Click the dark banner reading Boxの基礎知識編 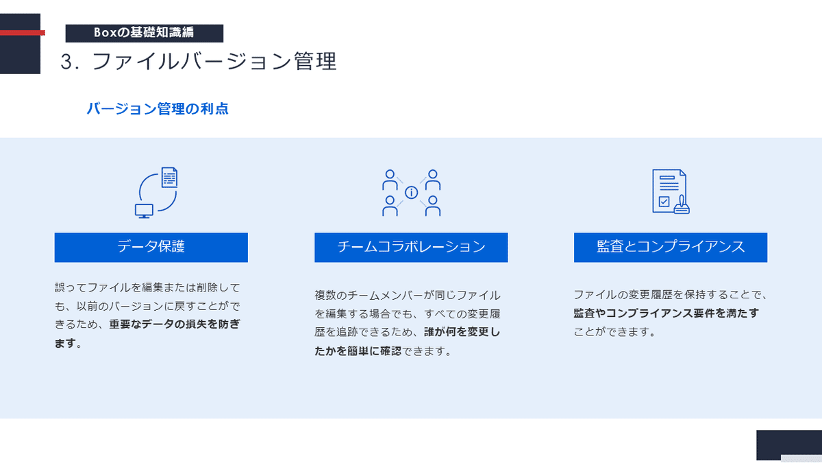click(145, 33)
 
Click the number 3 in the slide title click(68, 61)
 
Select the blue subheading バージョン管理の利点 click(158, 109)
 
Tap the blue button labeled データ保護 click(151, 248)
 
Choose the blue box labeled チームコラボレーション click(411, 248)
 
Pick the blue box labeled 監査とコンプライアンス click(671, 248)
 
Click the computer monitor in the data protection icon click(144, 211)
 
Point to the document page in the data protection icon click(170, 178)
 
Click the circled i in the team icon click(412, 193)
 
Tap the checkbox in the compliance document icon click(664, 202)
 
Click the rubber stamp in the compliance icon click(682, 204)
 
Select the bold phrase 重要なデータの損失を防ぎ click(175, 324)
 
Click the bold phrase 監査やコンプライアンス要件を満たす click(666, 313)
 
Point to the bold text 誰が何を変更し click(462, 332)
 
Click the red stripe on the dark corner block click(23, 33)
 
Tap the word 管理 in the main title click(315, 61)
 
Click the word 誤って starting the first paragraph click(71, 287)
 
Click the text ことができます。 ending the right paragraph click(615, 332)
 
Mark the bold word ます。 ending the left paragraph click(68, 343)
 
